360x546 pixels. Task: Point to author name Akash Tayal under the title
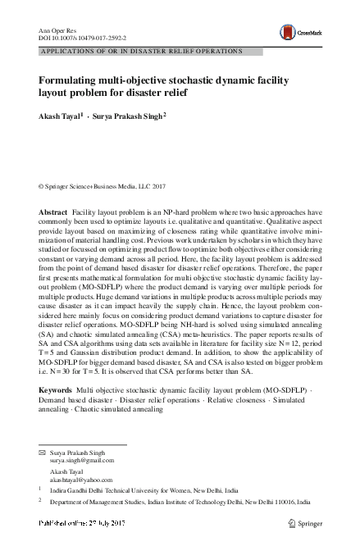tap(59, 117)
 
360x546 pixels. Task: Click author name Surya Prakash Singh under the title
tap(128, 117)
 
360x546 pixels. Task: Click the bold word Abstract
tap(54, 212)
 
